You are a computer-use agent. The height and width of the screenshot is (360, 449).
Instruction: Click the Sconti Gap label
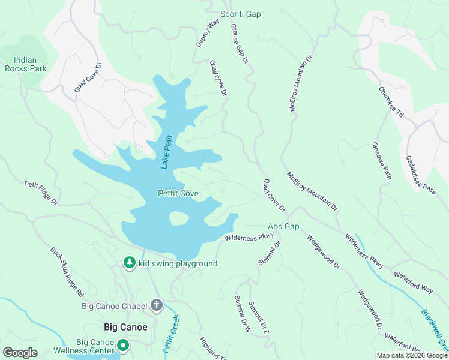(x=241, y=14)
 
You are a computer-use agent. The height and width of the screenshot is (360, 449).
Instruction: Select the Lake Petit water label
(x=167, y=152)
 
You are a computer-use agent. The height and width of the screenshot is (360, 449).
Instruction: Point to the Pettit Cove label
(x=178, y=194)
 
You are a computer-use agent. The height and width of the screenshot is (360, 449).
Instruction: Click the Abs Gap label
(x=283, y=227)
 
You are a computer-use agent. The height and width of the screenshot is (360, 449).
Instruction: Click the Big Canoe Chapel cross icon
(x=157, y=306)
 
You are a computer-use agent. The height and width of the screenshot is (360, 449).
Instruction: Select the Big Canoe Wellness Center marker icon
(x=123, y=345)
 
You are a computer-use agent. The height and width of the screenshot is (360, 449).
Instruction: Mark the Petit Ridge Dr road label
(x=41, y=194)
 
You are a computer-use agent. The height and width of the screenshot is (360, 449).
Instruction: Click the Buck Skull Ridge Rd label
(x=67, y=273)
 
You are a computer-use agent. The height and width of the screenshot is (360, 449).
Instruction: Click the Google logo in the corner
(x=20, y=353)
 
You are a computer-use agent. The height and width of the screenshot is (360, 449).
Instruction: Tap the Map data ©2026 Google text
(x=412, y=355)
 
